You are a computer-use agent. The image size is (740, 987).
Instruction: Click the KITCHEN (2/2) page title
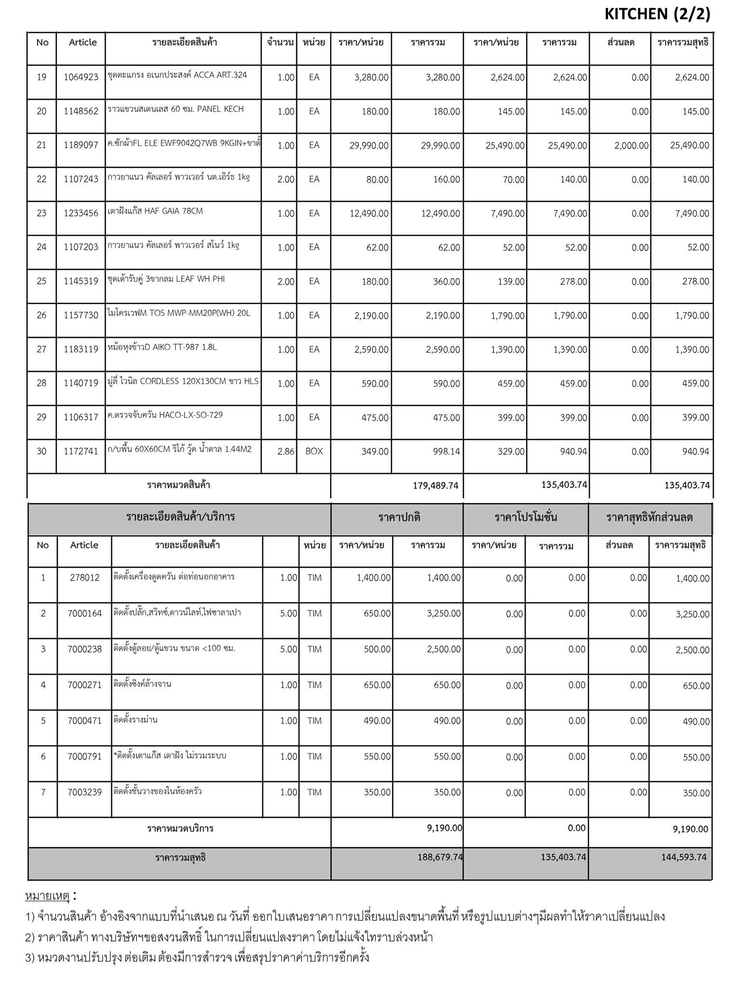(x=657, y=14)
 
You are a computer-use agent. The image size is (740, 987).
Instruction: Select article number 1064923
(x=81, y=77)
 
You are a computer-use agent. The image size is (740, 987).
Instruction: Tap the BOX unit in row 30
(x=314, y=452)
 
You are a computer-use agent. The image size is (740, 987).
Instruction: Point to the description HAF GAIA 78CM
(x=155, y=211)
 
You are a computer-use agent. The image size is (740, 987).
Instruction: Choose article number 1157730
(x=81, y=316)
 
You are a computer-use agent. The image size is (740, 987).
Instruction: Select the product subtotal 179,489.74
(x=436, y=486)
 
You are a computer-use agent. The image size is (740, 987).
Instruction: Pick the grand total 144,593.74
(x=684, y=857)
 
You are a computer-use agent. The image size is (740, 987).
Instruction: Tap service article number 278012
(x=84, y=578)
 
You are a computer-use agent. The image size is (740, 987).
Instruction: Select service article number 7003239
(x=84, y=792)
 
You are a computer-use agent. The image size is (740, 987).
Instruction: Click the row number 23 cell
(x=42, y=213)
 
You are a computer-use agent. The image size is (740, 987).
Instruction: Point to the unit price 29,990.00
(x=369, y=146)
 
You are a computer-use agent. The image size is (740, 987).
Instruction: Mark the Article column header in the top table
(x=82, y=42)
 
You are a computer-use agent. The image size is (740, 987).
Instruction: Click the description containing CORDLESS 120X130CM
(x=183, y=381)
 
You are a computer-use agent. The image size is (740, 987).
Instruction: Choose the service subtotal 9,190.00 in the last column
(x=690, y=829)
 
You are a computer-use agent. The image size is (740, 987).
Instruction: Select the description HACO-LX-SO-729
(x=165, y=415)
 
